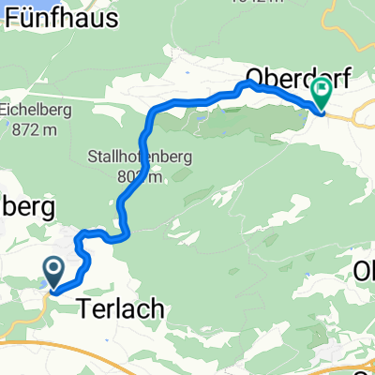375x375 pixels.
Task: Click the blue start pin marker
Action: coord(52,273)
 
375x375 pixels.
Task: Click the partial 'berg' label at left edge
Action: coord(28,206)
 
